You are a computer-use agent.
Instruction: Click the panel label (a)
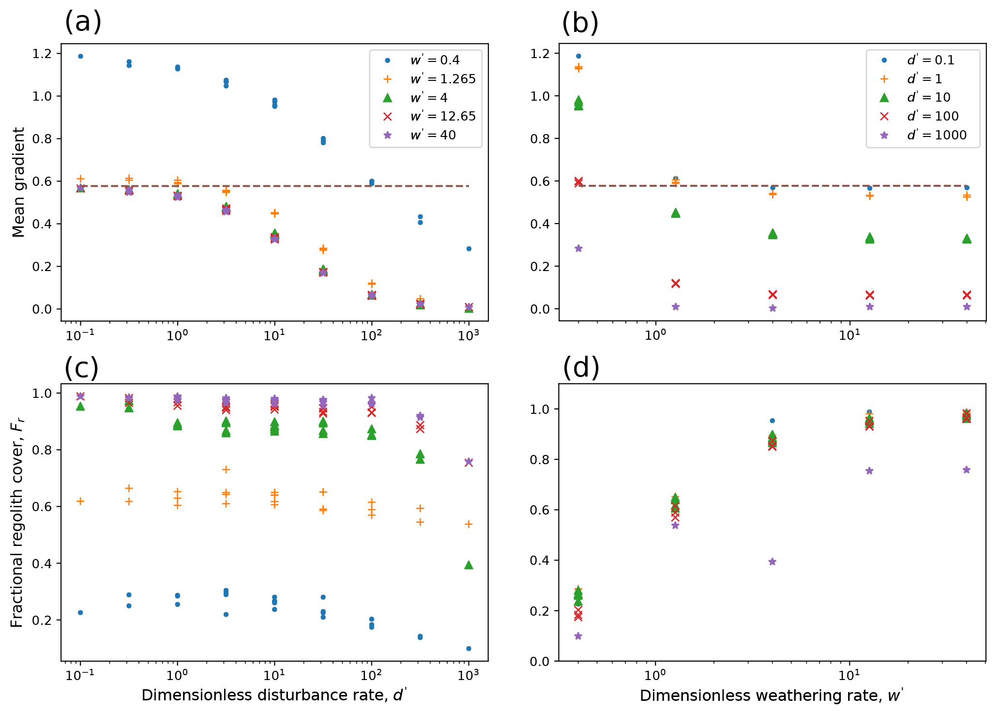point(83,22)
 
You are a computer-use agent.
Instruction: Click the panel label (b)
point(580,22)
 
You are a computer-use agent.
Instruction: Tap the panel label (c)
point(81,368)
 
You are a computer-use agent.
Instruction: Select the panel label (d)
point(581,368)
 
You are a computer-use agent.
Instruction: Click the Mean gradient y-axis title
point(18,182)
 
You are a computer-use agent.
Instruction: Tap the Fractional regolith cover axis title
point(17,523)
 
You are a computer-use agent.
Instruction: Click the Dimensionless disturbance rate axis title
point(274,696)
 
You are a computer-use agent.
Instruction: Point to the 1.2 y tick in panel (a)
point(43,54)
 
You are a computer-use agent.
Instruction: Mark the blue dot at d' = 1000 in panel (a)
point(469,249)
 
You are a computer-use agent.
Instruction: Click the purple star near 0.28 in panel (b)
point(578,249)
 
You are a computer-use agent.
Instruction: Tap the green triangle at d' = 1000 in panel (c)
point(469,565)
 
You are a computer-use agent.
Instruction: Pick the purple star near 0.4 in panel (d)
point(773,562)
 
